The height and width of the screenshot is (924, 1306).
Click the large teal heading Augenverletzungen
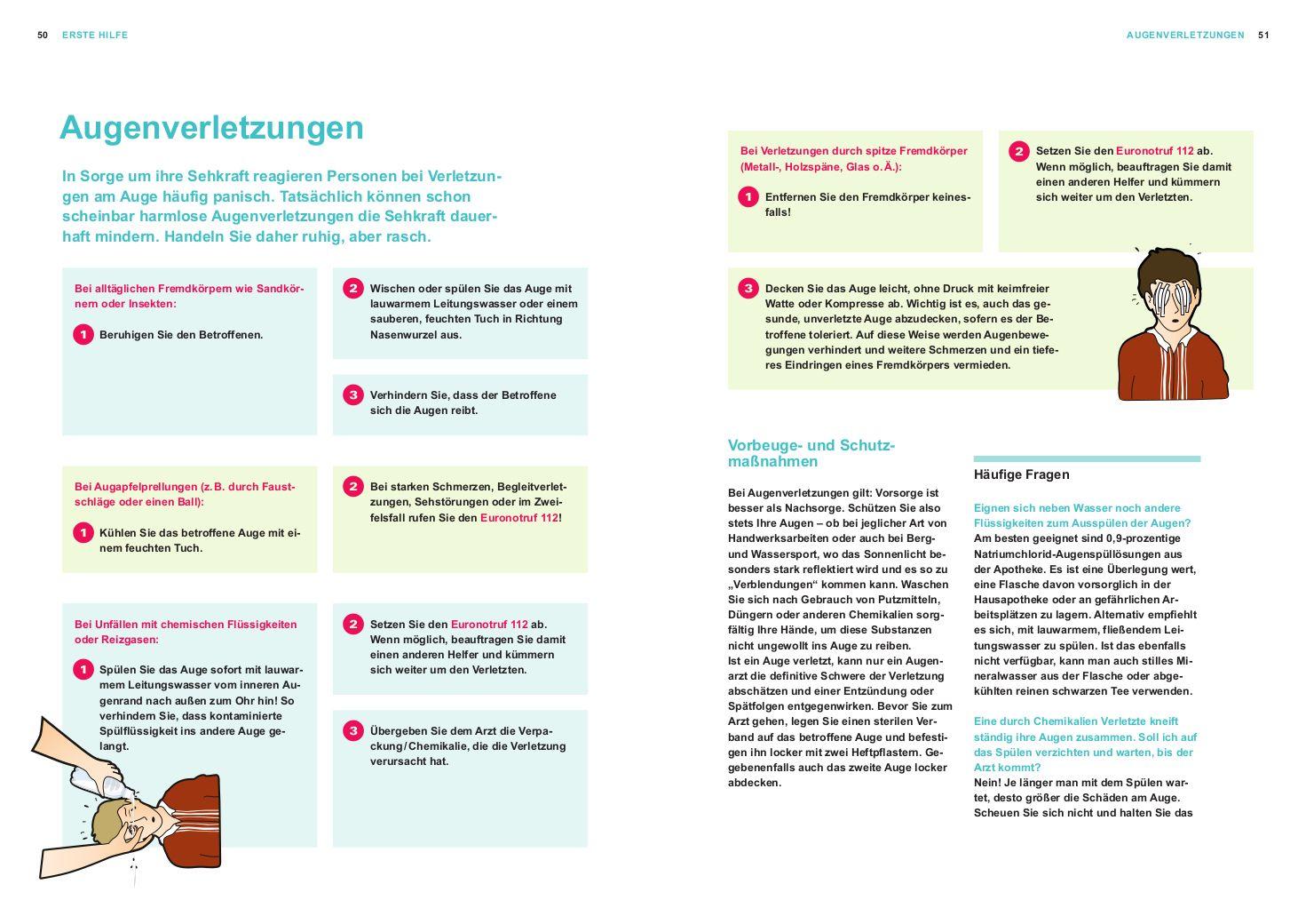click(211, 128)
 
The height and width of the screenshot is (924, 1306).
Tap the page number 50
click(43, 35)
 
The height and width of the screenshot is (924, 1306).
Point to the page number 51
click(1263, 35)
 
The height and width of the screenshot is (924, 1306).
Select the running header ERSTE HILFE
click(95, 35)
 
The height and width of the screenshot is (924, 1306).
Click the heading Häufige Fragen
click(1021, 474)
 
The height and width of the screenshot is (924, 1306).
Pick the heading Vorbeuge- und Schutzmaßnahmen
click(811, 453)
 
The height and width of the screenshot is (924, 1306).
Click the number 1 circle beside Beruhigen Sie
click(83, 335)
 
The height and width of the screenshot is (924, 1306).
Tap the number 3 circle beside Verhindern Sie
click(353, 395)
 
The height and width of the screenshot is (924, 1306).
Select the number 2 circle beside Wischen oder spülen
click(353, 288)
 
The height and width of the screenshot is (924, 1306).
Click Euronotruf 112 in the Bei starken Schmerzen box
click(518, 517)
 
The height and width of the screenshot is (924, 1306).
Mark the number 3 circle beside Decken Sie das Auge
click(748, 288)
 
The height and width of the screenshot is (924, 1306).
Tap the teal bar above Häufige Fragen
click(1087, 458)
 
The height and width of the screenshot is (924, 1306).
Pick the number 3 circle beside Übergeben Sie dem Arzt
click(353, 731)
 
